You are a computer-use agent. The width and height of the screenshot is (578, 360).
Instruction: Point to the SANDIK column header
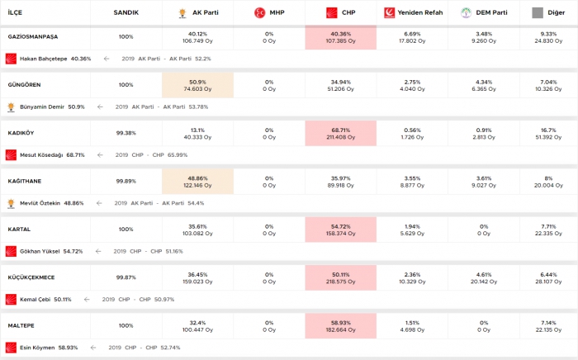coord(126,13)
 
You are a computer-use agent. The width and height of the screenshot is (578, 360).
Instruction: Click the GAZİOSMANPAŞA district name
coord(32,37)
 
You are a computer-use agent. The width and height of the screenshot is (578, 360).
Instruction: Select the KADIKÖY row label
coord(20,133)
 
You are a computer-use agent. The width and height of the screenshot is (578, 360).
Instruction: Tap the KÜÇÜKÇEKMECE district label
coord(31,277)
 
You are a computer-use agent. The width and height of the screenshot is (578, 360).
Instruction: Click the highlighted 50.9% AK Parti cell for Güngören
coord(197,85)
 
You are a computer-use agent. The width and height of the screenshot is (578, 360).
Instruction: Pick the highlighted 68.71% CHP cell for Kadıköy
coord(340,133)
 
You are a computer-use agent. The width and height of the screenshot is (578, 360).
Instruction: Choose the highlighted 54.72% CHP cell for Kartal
coord(340,230)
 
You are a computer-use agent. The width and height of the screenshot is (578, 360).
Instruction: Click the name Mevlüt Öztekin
coord(40,203)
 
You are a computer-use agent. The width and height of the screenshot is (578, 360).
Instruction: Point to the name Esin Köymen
coord(37,348)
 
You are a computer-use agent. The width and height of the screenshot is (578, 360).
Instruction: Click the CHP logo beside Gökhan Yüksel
coord(11,251)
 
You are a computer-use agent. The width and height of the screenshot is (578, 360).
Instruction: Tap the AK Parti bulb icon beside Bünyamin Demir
coord(11,107)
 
